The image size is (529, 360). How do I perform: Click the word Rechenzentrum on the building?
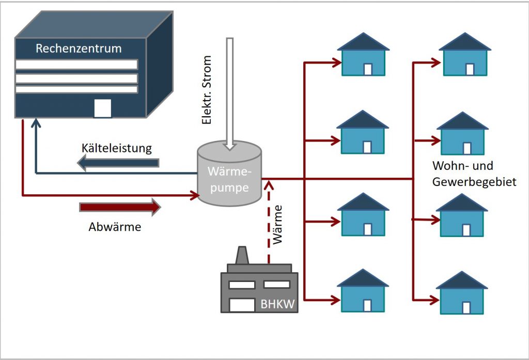(x=79, y=49)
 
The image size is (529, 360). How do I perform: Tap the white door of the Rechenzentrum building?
(x=102, y=108)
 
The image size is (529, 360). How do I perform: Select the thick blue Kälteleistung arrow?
(x=118, y=163)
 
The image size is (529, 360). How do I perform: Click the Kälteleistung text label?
(x=117, y=149)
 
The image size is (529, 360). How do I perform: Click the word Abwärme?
(x=115, y=227)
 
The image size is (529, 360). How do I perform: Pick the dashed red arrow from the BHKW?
(x=268, y=222)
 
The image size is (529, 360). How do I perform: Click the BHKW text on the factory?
(x=277, y=304)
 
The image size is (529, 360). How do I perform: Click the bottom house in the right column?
(x=462, y=293)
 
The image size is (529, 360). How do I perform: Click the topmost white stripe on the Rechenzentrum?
(x=76, y=65)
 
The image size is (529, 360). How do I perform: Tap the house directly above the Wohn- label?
(x=462, y=134)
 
